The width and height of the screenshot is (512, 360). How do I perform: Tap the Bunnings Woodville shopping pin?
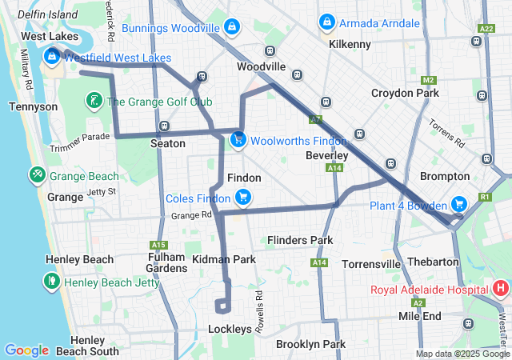(231, 28)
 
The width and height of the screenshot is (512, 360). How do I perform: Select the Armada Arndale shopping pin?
(326, 23)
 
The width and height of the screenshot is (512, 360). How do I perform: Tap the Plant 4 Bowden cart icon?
(458, 205)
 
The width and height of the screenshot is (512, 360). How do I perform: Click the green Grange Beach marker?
(37, 175)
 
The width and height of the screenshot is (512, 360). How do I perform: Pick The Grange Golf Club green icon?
(94, 102)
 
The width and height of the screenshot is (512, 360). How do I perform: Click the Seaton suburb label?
(168, 144)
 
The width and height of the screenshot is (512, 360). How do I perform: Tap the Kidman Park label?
(224, 260)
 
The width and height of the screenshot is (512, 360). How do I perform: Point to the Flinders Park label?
(300, 240)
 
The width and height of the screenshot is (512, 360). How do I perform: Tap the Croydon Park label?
(405, 94)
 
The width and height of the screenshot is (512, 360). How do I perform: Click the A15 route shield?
(158, 245)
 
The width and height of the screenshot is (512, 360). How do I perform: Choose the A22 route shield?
(485, 29)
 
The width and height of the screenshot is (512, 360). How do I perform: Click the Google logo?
(26, 350)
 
